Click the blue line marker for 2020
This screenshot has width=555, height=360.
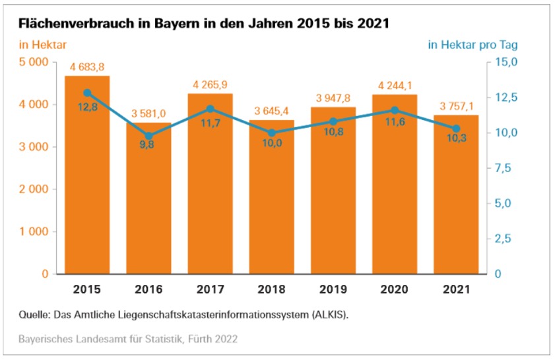point(395,110)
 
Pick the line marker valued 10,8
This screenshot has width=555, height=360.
point(333,121)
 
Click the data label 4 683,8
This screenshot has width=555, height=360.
point(87,67)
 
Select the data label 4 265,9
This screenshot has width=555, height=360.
point(210,84)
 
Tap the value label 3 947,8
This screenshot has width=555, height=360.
point(333,98)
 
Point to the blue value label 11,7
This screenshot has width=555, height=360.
point(210,123)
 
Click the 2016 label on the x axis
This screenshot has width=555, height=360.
point(148,289)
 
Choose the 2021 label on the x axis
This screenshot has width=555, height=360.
point(456,289)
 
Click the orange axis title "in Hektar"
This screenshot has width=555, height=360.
point(43,45)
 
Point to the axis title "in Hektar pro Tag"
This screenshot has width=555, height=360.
point(473,45)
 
